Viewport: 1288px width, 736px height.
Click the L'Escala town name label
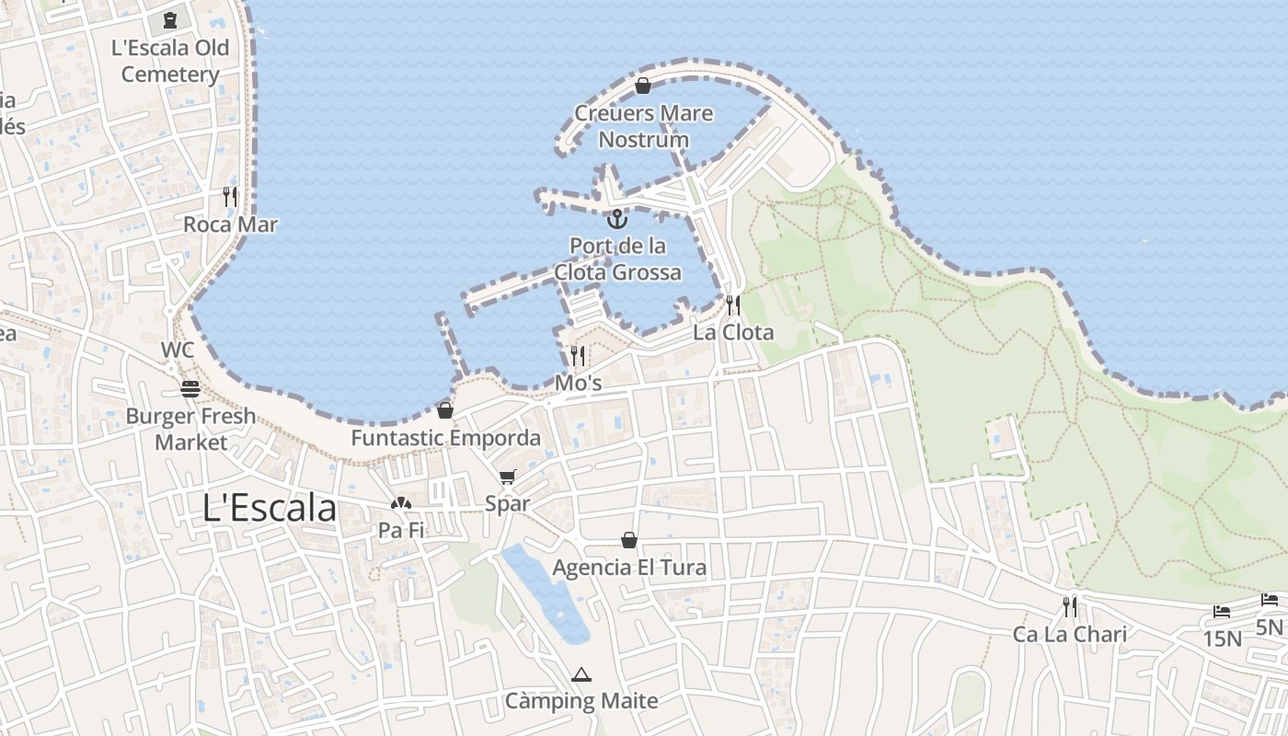270,508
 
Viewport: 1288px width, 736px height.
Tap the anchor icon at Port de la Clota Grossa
617,219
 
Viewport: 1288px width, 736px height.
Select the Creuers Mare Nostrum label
643,126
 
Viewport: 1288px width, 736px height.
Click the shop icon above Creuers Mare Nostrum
643,86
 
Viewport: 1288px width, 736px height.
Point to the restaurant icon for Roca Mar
229,196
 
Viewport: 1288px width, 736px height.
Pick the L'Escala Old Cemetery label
170,61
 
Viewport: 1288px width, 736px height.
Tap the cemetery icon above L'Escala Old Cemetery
169,19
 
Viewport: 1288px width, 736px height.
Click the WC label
178,350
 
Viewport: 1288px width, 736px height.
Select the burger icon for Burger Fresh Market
190,389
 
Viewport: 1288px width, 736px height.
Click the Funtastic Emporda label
445,438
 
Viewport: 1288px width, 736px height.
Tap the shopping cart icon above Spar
507,477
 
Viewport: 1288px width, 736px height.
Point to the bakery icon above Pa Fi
400,503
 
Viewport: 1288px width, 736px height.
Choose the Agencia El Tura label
629,567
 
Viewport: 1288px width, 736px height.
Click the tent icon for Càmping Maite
581,675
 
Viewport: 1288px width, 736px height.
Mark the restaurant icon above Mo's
578,355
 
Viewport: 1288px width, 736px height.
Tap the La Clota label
733,332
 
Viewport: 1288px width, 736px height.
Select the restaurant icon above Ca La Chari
1069,607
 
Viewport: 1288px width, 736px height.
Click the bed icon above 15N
1222,612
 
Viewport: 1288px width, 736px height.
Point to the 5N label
1269,627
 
